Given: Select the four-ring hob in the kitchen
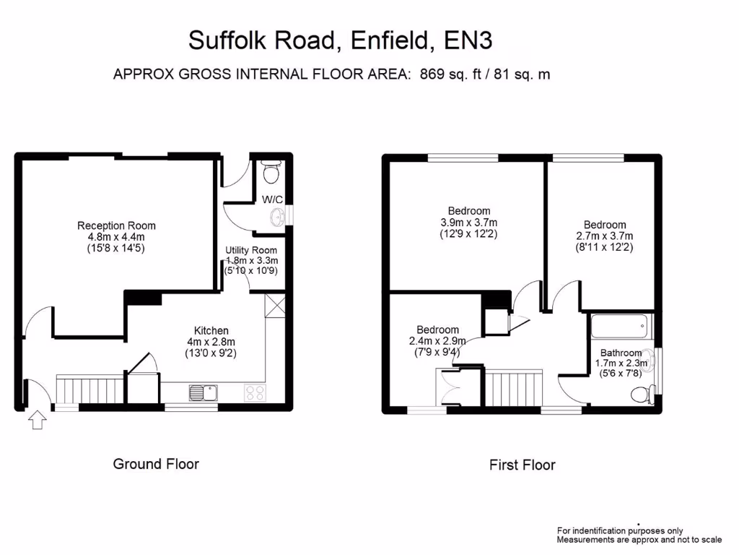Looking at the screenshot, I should (x=255, y=392).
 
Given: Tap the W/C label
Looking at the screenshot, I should (x=272, y=199).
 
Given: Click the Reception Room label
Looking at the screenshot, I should (x=116, y=225).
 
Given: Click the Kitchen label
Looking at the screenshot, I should (x=211, y=331).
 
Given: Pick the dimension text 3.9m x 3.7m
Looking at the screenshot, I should (x=468, y=223).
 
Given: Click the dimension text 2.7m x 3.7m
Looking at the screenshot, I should (x=605, y=236).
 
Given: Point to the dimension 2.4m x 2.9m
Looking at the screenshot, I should (x=437, y=341).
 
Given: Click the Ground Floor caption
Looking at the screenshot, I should (x=156, y=463).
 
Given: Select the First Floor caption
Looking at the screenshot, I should (x=522, y=465).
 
